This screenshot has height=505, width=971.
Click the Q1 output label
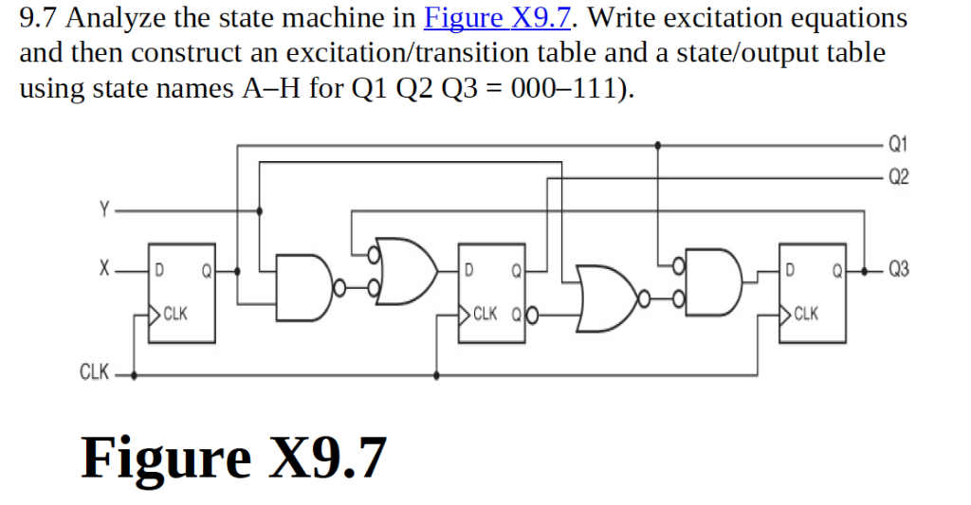click(x=898, y=144)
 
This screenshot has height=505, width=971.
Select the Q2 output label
click(x=898, y=176)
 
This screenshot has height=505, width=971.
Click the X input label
click(x=104, y=270)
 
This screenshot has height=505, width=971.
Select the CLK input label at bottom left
click(x=93, y=372)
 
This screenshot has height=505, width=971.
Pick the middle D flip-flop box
click(x=492, y=293)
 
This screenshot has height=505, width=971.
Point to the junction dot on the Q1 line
click(x=658, y=144)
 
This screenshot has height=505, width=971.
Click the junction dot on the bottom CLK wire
click(x=435, y=374)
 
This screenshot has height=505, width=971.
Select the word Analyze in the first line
click(x=105, y=18)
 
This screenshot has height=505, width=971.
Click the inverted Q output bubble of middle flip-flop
click(x=532, y=313)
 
